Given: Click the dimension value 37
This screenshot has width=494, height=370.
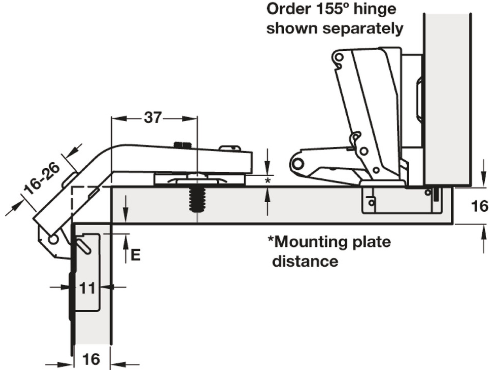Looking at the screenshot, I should pyautogui.click(x=153, y=118).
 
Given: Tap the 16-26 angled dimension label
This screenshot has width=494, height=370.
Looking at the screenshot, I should pyautogui.click(x=42, y=178).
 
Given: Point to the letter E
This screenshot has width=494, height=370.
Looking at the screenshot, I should pyautogui.click(x=136, y=255).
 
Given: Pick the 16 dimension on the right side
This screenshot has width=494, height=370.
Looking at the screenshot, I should pyautogui.click(x=479, y=206).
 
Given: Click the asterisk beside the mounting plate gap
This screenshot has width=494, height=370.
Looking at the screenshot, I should pyautogui.click(x=268, y=181).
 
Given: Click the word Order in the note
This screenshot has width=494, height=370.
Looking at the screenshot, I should pyautogui.click(x=288, y=9).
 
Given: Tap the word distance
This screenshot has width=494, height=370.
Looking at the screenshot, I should pyautogui.click(x=305, y=261).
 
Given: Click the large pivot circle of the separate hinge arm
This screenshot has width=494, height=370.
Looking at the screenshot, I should pyautogui.click(x=298, y=164).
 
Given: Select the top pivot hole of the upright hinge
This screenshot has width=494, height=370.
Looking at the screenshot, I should pyautogui.click(x=339, y=58).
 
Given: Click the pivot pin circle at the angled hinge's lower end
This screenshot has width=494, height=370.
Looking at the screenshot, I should pyautogui.click(x=53, y=239).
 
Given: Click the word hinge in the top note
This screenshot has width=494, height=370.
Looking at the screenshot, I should pyautogui.click(x=375, y=9).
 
